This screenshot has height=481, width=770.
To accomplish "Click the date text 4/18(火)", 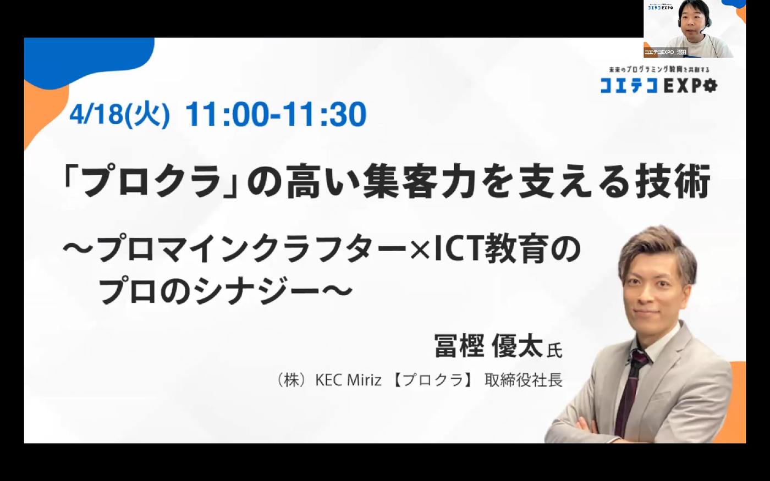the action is (120, 114).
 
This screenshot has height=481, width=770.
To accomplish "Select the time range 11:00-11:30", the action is (276, 114).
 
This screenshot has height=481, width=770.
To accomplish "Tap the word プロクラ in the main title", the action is (151, 181).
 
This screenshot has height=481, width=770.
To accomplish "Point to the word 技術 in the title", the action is (673, 181).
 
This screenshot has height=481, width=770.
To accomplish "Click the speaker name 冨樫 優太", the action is (488, 346).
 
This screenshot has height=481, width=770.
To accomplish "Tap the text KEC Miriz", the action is (348, 380).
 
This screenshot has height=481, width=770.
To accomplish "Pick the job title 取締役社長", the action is (524, 380).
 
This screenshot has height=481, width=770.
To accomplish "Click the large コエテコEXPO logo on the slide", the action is (659, 86).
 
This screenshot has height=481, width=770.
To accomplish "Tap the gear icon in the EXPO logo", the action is (710, 86).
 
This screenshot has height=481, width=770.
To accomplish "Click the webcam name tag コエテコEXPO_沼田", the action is (665, 52).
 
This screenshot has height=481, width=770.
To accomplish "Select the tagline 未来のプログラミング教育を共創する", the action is (659, 70).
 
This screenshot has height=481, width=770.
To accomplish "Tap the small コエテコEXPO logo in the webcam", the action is (661, 7).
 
